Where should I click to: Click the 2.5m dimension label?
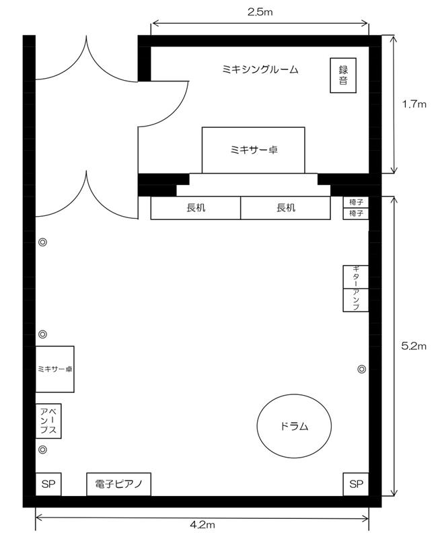[260, 12]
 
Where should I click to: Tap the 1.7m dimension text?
[414, 104]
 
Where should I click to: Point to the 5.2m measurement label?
[414, 346]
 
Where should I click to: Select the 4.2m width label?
[203, 525]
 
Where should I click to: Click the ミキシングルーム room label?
[260, 69]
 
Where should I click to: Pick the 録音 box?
[343, 75]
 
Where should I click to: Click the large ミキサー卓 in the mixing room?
[254, 150]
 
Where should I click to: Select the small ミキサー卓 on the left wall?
[54, 369]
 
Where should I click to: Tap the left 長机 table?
[196, 208]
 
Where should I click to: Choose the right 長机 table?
[285, 208]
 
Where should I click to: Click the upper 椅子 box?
[356, 202]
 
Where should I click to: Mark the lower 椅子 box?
[356, 213]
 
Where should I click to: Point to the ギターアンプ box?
[356, 288]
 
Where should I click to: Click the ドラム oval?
[294, 426]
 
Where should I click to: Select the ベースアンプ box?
[48, 421]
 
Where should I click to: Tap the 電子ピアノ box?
[118, 484]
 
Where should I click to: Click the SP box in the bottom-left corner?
[48, 484]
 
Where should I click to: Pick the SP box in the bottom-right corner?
[356, 484]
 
